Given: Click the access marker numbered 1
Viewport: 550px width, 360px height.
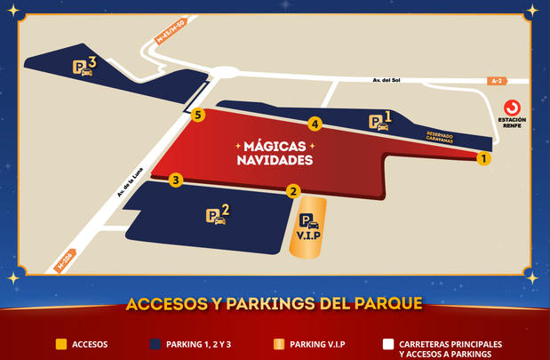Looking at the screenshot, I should pyautogui.click(x=483, y=159).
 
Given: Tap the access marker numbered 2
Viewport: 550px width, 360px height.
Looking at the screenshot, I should pyautogui.click(x=293, y=190).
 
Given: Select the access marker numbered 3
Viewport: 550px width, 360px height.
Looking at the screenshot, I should pyautogui.click(x=176, y=180).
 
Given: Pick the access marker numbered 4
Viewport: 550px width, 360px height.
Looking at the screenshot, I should pyautogui.click(x=315, y=124).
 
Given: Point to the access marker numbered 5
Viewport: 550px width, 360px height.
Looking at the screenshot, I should pyautogui.click(x=198, y=115).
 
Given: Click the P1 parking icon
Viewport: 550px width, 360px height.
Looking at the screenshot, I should pyautogui.click(x=380, y=122).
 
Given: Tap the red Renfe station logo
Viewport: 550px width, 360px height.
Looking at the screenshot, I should pyautogui.click(x=511, y=106).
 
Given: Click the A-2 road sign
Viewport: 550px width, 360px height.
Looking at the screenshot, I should pyautogui.click(x=498, y=81).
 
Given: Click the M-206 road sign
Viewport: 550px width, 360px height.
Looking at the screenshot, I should pyautogui.click(x=63, y=261).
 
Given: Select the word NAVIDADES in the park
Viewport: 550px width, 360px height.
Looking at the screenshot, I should pyautogui.click(x=275, y=161).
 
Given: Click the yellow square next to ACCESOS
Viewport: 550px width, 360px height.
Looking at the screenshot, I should pyautogui.click(x=60, y=344).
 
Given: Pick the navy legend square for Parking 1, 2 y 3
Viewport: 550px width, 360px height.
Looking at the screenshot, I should pyautogui.click(x=156, y=344).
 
